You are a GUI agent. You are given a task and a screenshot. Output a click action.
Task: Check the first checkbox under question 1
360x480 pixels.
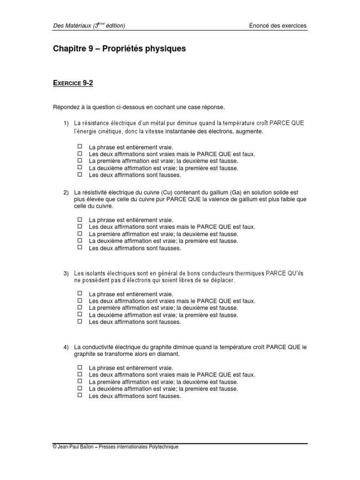tap(80, 146)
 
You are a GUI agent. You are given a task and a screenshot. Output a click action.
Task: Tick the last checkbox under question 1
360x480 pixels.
tap(80, 174)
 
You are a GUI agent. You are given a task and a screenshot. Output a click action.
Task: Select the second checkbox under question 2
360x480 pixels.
tap(80, 226)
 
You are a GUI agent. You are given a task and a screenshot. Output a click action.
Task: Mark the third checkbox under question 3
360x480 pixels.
tap(80, 308)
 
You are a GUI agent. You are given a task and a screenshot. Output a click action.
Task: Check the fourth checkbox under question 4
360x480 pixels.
tap(80, 389)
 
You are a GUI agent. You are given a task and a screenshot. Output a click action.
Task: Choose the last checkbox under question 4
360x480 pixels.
tap(80, 396)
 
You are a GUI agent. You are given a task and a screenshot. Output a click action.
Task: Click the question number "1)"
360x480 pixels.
tap(67, 123)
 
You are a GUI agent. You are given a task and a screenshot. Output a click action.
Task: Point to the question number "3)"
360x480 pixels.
tap(67, 273)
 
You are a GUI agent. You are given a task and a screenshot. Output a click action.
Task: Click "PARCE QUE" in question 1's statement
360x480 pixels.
tap(286, 123)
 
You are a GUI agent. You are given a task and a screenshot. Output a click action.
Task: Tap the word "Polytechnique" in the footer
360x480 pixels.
tap(163, 447)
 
